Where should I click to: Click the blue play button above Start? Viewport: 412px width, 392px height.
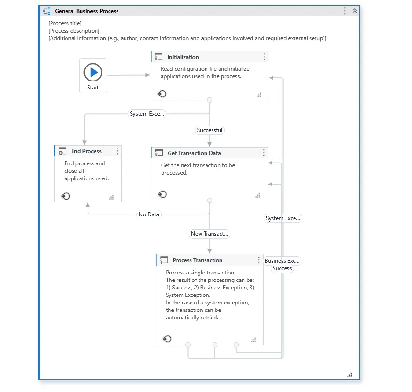click(93, 72)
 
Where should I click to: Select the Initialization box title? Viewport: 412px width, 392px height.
click(183, 57)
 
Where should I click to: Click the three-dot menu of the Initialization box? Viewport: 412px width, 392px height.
click(265, 57)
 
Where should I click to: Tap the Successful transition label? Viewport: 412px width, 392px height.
click(209, 130)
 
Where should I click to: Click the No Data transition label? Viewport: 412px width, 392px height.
click(149, 214)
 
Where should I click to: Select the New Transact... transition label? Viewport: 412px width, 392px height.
click(209, 234)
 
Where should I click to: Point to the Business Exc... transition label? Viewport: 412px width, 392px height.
click(282, 261)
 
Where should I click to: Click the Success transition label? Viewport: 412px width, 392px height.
click(282, 268)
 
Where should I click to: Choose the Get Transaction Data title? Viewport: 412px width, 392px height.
click(194, 153)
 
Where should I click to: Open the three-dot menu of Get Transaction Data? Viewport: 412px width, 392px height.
click(264, 153)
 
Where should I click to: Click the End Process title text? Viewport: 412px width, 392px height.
click(86, 151)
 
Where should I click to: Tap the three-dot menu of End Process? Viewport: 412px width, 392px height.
click(117, 151)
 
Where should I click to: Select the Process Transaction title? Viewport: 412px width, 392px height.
click(197, 260)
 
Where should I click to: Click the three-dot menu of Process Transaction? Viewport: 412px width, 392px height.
click(259, 260)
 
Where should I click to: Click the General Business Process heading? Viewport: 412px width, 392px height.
click(87, 11)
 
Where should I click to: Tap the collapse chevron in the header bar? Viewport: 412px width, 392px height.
click(355, 11)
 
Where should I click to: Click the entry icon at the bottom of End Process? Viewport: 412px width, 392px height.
click(66, 196)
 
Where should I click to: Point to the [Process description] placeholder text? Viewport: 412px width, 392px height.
click(74, 31)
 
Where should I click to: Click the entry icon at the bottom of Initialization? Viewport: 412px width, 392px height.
click(162, 94)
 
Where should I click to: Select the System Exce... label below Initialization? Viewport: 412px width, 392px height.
click(147, 114)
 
